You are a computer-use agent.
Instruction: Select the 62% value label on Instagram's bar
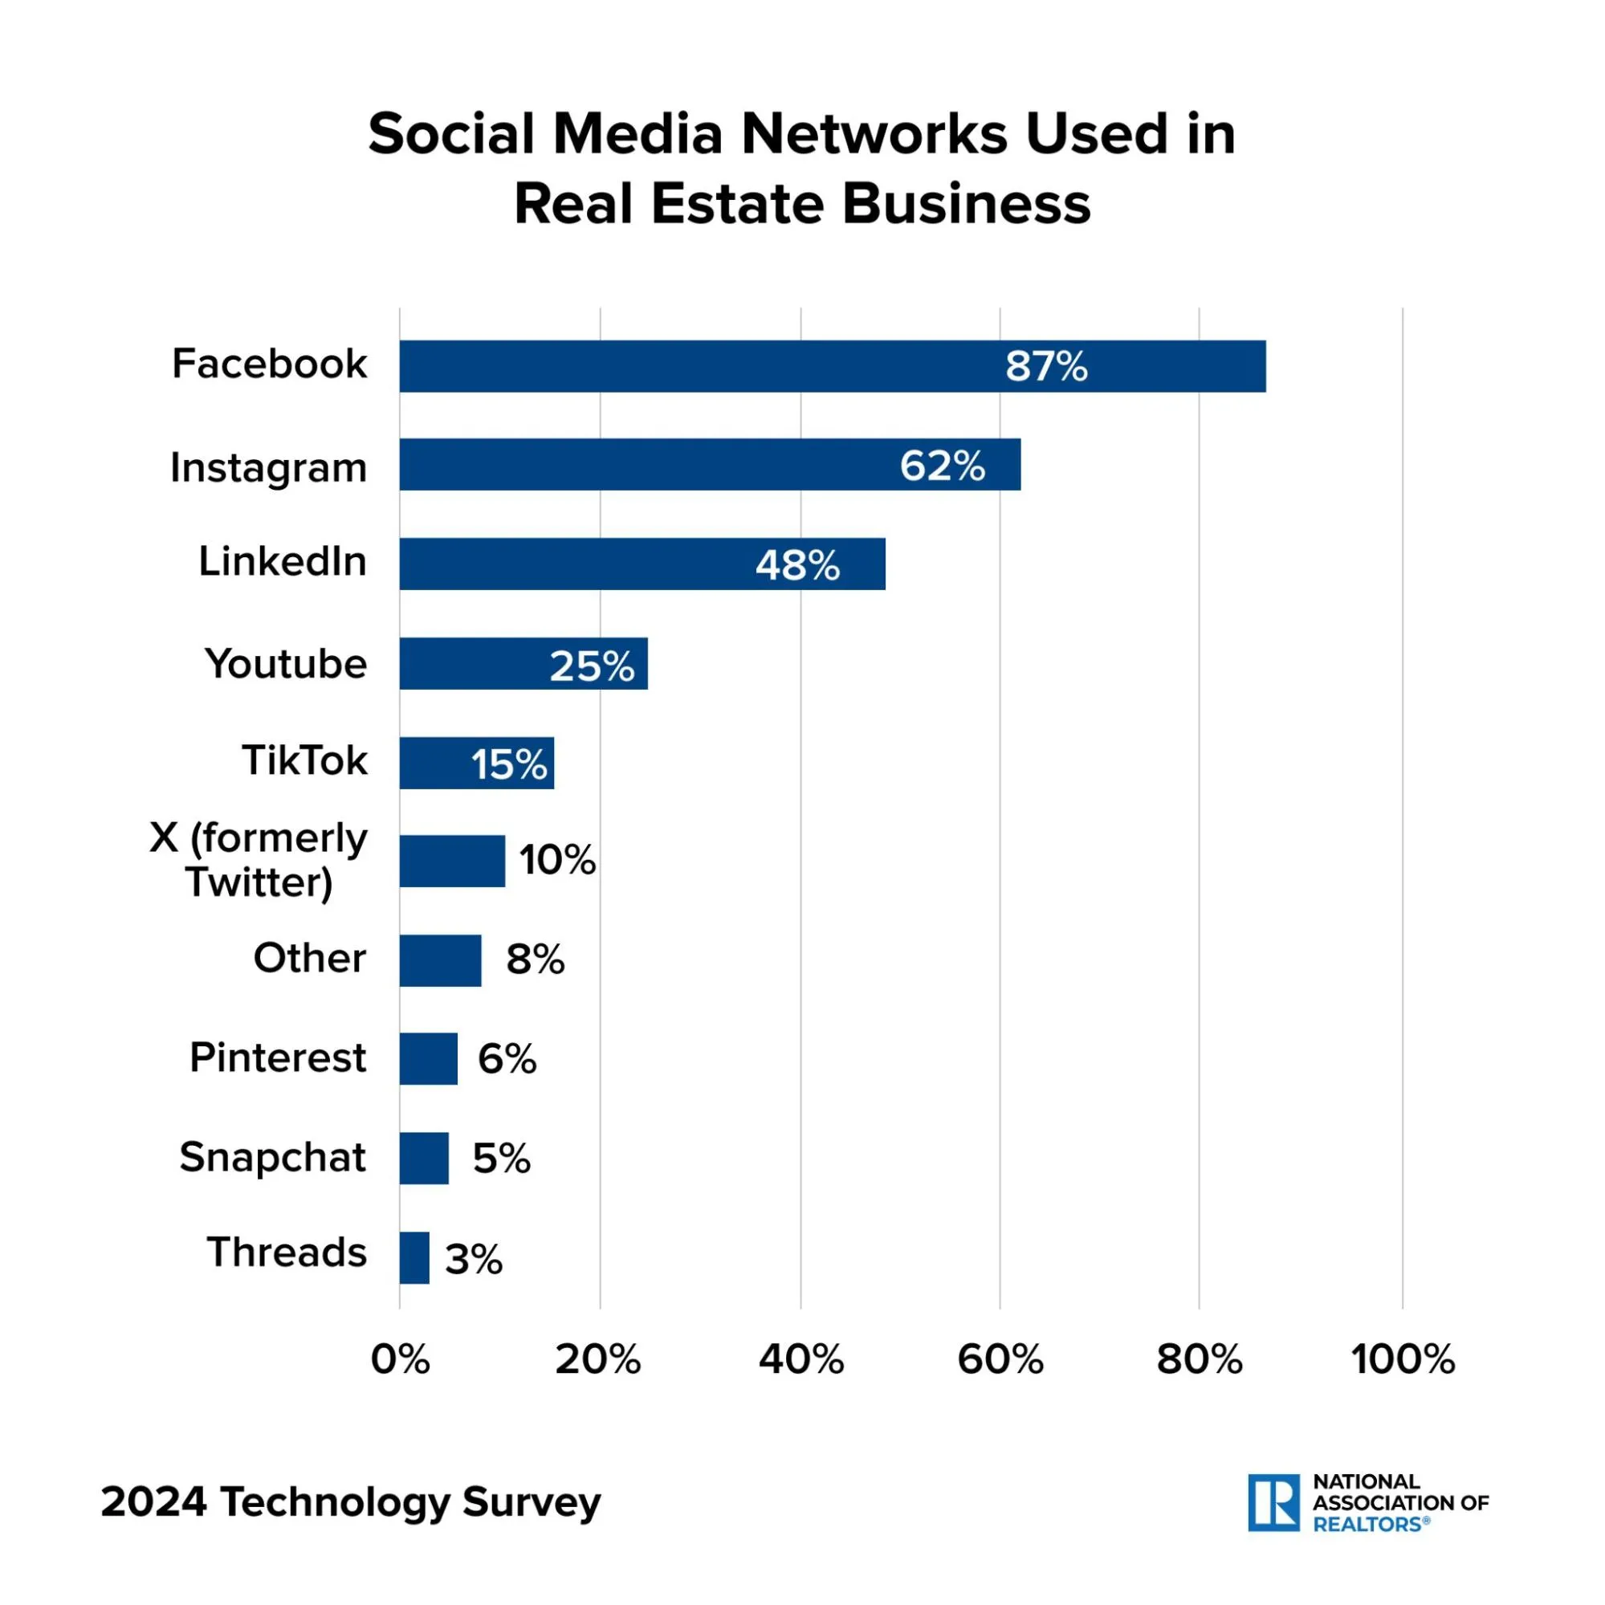(942, 465)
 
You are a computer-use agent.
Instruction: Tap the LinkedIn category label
(283, 561)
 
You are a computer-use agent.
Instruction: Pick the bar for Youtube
(523, 664)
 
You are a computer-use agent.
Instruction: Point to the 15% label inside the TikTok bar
(509, 764)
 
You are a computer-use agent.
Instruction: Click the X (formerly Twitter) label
(259, 860)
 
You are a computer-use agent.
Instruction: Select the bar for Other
(440, 960)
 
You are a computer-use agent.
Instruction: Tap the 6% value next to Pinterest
(507, 1058)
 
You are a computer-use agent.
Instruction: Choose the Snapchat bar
(424, 1158)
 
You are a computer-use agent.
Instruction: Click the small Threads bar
(414, 1258)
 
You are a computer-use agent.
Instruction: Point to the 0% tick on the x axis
(401, 1360)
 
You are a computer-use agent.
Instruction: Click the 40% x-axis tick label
(800, 1360)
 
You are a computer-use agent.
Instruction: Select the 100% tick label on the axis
(1403, 1360)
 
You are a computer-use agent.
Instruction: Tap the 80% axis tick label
(1199, 1360)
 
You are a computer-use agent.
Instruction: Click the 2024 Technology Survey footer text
(351, 1502)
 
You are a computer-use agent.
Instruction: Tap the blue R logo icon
(1273, 1503)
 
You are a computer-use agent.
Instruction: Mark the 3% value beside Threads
(474, 1260)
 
